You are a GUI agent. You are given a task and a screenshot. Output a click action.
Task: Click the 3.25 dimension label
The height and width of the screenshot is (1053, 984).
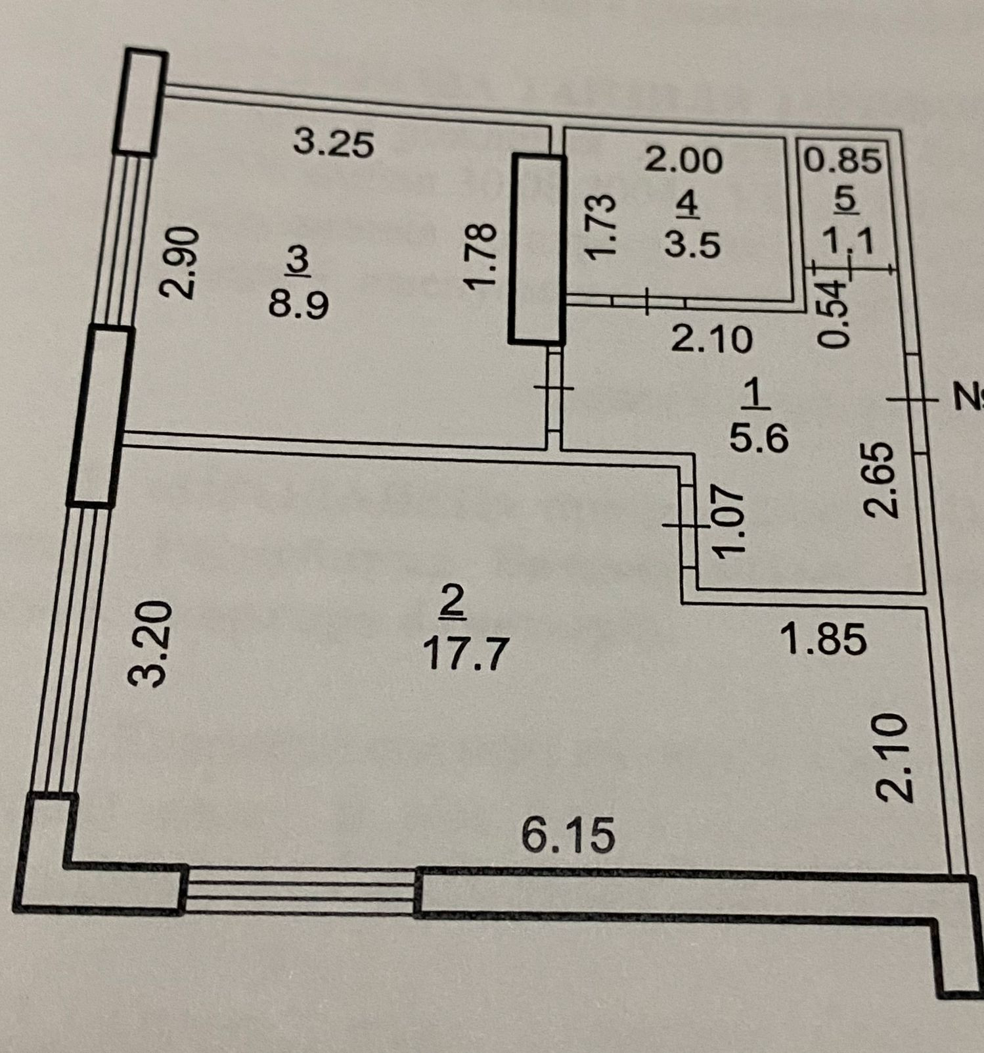click(334, 144)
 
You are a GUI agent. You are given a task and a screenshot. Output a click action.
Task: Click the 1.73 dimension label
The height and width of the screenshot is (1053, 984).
click(600, 225)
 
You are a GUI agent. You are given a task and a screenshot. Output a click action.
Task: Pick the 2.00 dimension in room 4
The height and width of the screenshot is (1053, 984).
click(683, 160)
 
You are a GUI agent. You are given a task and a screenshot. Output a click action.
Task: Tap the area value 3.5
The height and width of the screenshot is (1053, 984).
click(692, 245)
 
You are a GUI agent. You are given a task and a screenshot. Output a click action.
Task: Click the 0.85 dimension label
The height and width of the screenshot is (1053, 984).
click(843, 160)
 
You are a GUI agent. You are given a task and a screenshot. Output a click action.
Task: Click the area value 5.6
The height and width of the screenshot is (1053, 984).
click(759, 438)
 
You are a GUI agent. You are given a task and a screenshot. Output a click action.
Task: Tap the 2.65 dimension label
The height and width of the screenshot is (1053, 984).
click(880, 479)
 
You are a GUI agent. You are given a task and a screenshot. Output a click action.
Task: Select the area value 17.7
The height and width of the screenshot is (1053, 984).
click(465, 655)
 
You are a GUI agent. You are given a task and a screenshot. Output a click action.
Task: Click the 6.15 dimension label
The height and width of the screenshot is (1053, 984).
click(569, 835)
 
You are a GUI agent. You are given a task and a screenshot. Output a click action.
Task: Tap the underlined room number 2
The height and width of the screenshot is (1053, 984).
click(453, 603)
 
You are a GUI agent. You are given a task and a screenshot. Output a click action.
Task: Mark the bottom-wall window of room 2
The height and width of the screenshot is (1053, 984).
click(300, 889)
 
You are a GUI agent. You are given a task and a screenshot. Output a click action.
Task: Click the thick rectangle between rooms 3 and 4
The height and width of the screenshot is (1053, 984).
click(538, 248)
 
